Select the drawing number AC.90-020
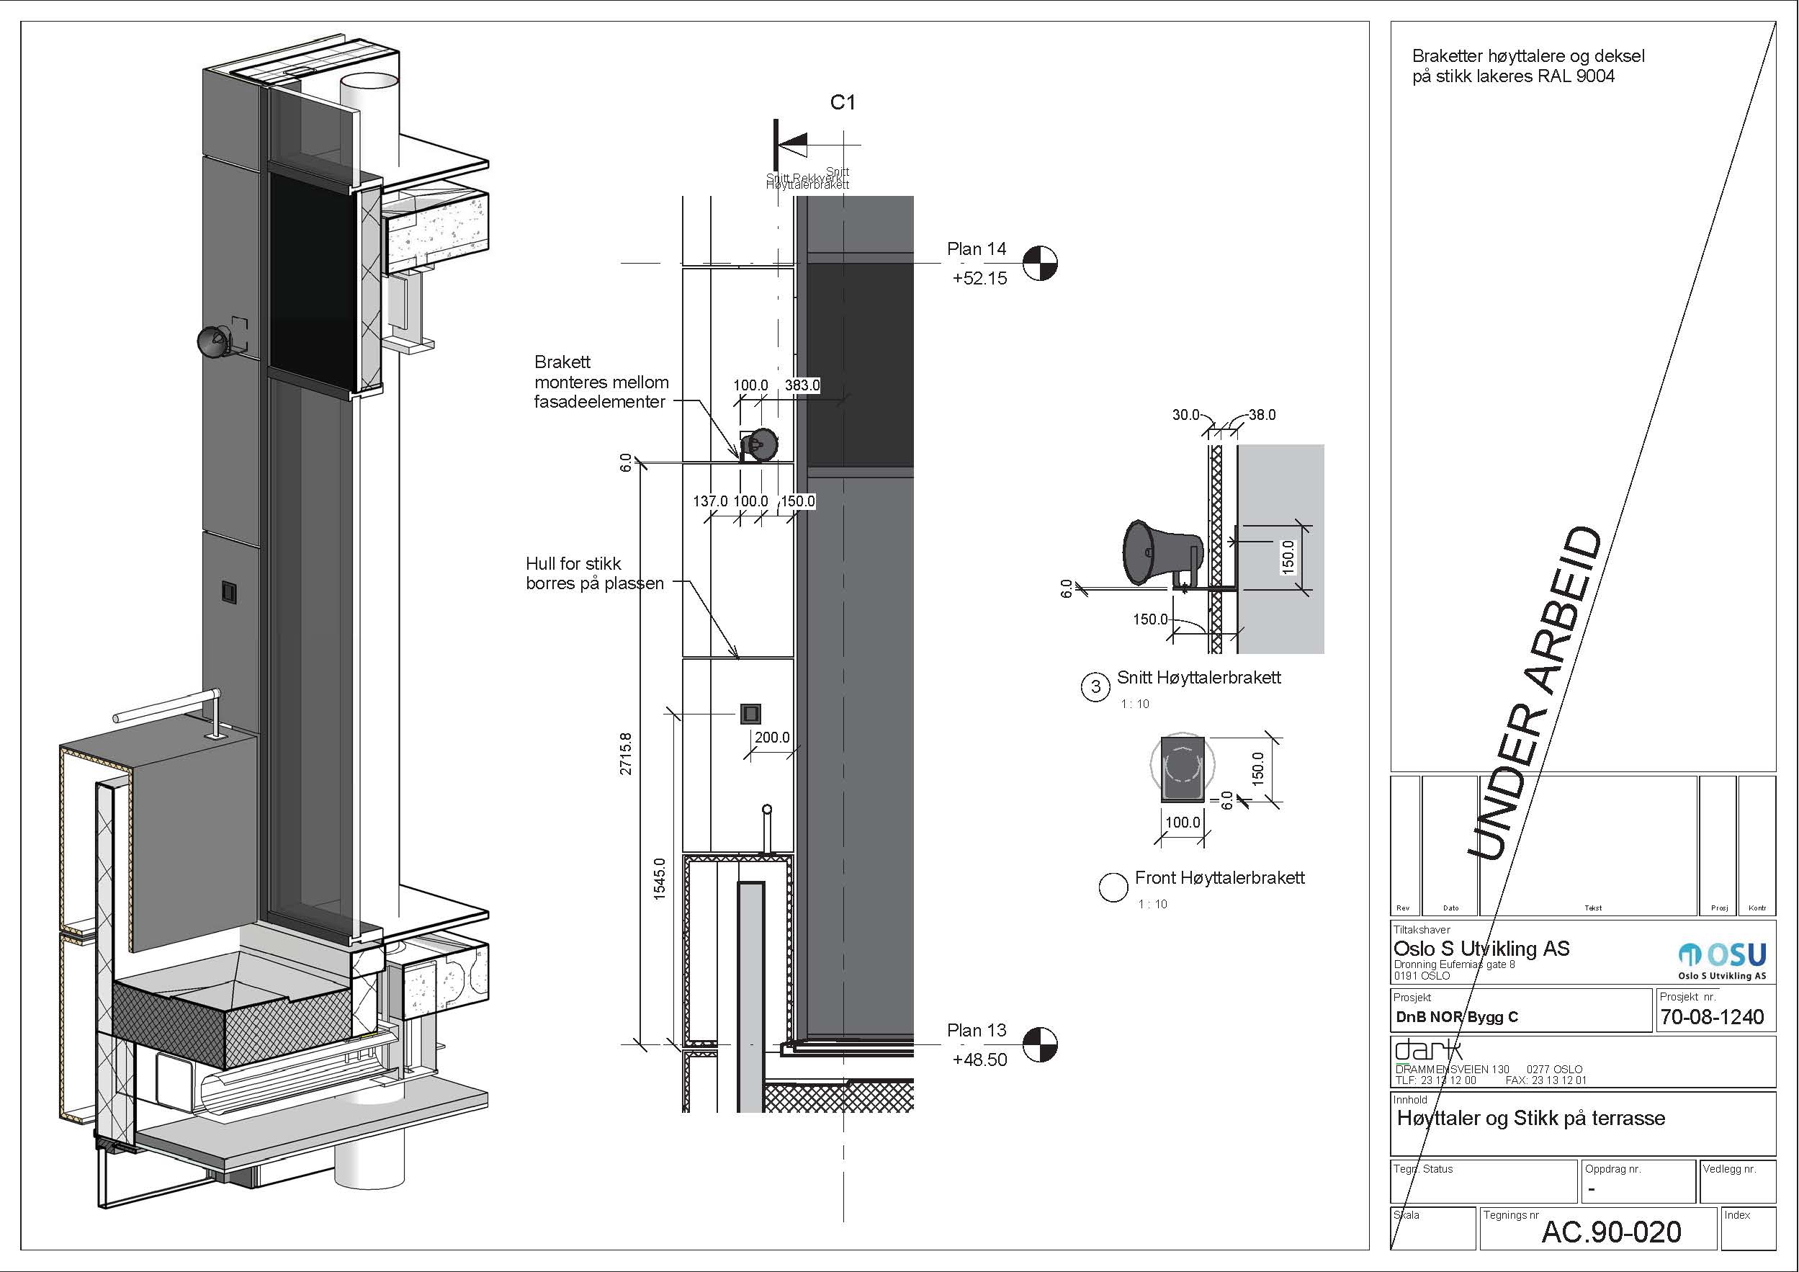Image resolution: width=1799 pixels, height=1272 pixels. (x=1611, y=1232)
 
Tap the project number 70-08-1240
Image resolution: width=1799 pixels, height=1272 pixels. (x=1712, y=1016)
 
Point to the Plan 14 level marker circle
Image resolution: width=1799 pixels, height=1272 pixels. (x=1040, y=263)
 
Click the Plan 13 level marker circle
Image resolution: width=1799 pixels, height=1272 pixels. (x=1040, y=1044)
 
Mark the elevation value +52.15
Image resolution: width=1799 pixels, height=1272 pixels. (x=979, y=278)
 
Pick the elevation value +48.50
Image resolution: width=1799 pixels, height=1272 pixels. (x=979, y=1060)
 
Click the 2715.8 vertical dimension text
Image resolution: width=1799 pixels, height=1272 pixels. (x=625, y=754)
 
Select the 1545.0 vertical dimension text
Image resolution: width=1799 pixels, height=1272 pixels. (x=659, y=879)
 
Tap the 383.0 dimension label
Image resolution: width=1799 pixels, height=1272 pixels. (x=802, y=385)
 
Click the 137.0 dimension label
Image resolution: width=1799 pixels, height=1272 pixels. (x=710, y=501)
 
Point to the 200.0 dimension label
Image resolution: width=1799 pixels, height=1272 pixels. (x=772, y=738)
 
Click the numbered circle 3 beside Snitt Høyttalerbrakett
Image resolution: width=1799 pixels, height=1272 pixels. (x=1095, y=687)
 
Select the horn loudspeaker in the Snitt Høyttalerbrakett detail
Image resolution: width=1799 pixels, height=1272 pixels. (x=1159, y=551)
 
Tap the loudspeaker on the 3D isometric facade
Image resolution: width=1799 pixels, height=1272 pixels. (x=213, y=341)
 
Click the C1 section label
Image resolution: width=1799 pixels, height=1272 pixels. (x=843, y=103)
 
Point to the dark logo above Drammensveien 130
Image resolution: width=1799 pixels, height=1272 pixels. (x=1427, y=1049)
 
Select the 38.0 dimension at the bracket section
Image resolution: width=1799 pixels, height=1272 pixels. (x=1261, y=415)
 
